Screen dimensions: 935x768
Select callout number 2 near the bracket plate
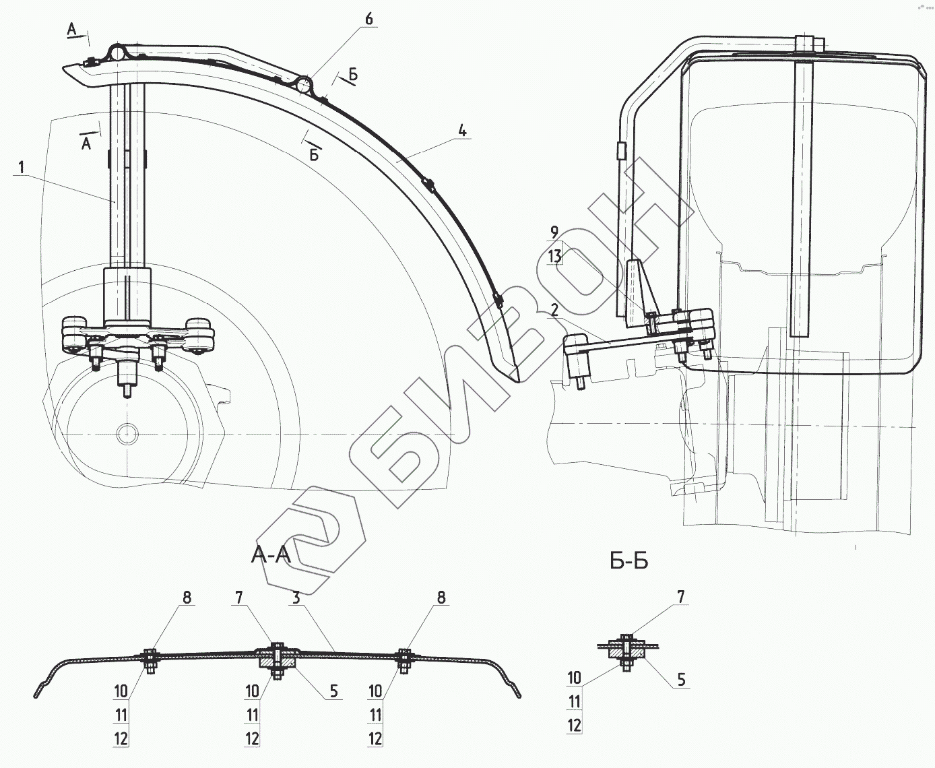(554, 311)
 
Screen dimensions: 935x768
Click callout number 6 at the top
(368, 19)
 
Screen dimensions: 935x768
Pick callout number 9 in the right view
(554, 233)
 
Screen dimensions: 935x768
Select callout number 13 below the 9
(554, 256)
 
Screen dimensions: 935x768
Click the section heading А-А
(271, 555)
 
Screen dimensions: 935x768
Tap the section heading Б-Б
(628, 561)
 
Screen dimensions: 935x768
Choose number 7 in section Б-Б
(680, 596)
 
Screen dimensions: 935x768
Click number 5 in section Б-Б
(681, 680)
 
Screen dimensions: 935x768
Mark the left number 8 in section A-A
(187, 598)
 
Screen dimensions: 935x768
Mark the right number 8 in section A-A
(441, 598)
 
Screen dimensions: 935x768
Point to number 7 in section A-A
(238, 598)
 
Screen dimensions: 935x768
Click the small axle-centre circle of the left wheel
(126, 433)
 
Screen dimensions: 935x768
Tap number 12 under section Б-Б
(574, 726)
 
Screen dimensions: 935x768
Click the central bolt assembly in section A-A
(276, 658)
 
